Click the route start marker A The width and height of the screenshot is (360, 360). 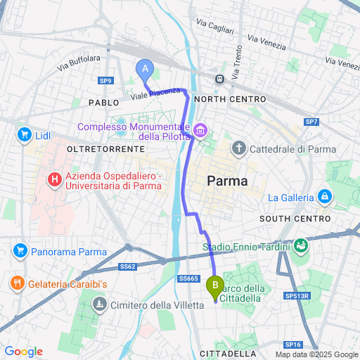coord(145,69)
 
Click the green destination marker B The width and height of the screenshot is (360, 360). coord(214,285)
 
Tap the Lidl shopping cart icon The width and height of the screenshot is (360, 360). coord(25,134)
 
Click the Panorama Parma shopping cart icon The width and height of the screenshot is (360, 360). coord(19,251)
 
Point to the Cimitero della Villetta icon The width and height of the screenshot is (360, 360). coord(101,304)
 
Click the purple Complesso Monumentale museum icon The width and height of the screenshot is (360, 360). coord(200,131)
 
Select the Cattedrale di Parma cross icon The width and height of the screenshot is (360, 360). coord(239,148)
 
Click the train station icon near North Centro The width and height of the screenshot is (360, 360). coord(220,79)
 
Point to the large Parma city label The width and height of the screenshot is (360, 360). coord(228,181)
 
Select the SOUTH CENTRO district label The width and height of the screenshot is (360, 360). coord(290,219)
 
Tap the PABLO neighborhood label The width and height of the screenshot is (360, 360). coord(104,103)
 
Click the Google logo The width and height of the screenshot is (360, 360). coord(24,351)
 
